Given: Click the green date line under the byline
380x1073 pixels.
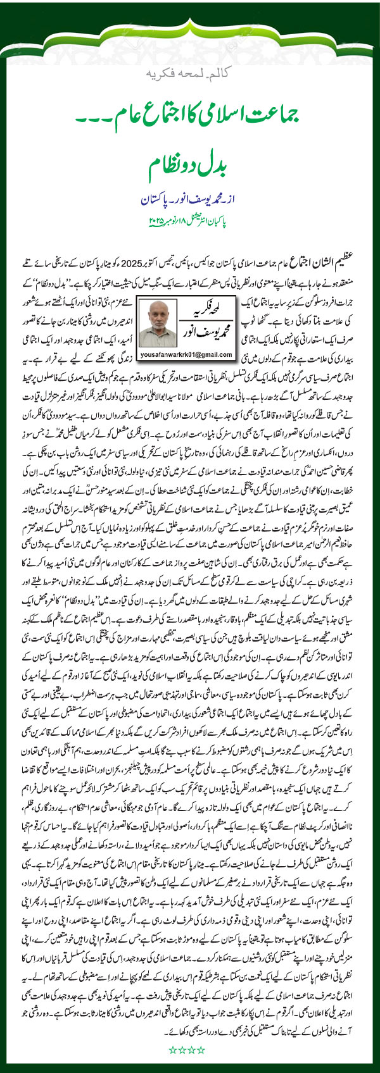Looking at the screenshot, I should pyautogui.click(x=189, y=222).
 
